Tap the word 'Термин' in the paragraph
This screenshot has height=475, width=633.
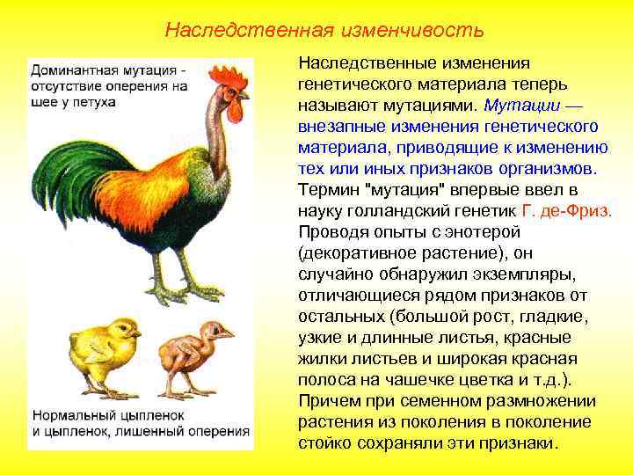click(327, 190)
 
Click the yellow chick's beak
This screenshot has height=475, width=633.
click(136, 334)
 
